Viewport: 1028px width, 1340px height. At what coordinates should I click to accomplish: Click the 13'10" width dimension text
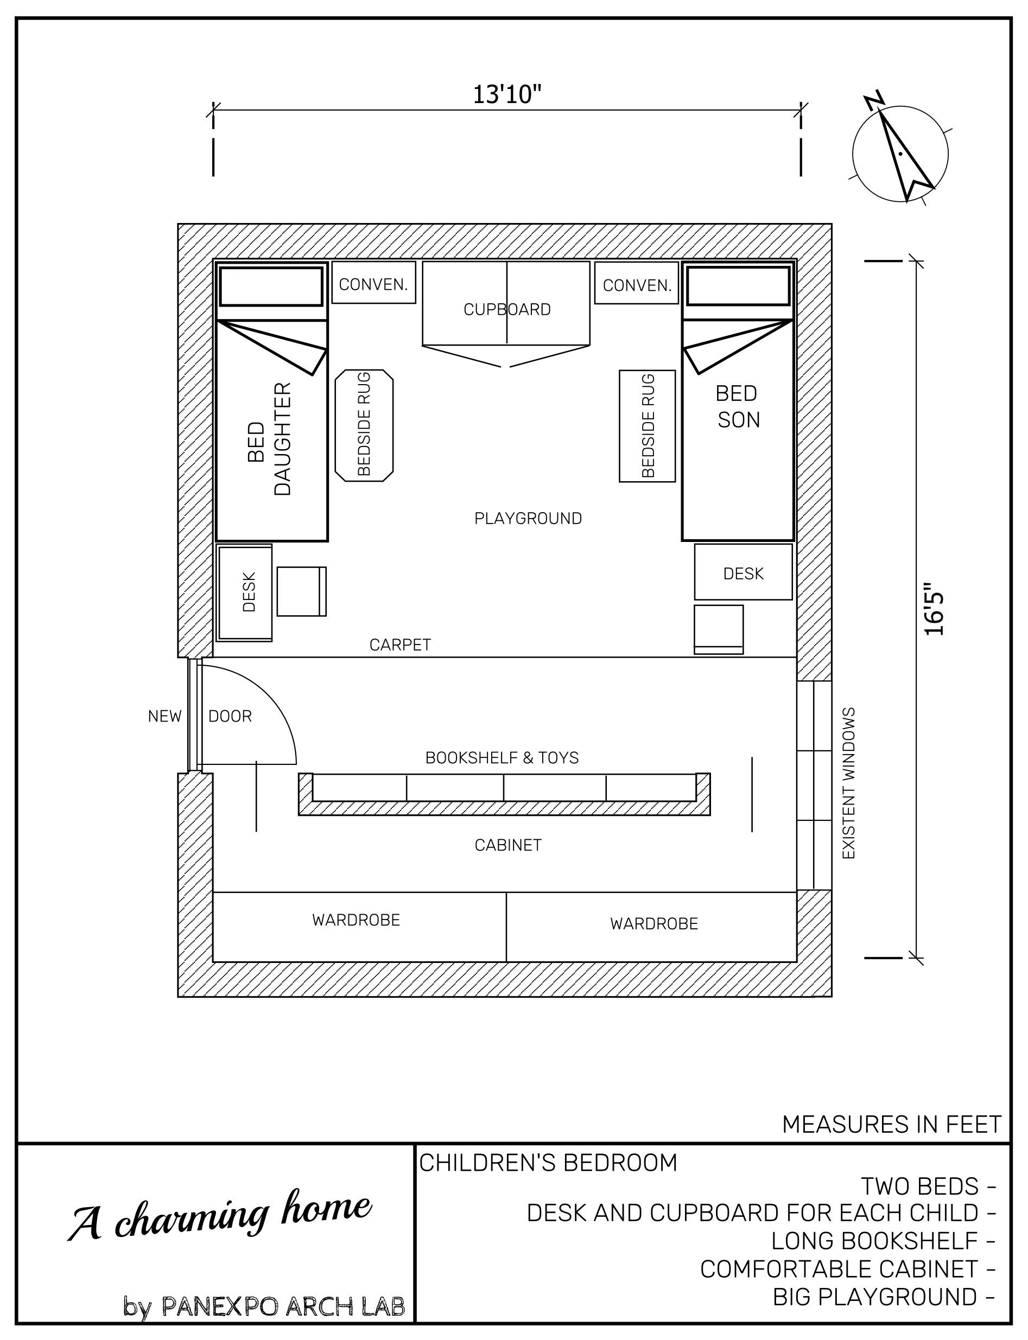(507, 95)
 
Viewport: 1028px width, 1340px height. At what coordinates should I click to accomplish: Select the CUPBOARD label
(506, 309)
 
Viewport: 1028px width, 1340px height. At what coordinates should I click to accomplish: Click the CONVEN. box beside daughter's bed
(373, 283)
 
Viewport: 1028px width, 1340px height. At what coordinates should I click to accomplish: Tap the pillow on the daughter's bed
(271, 286)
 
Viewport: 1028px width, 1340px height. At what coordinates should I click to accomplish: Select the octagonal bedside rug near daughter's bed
(364, 425)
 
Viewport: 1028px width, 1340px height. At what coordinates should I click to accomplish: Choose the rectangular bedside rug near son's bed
(647, 426)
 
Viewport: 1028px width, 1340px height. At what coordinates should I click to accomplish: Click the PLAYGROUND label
(528, 519)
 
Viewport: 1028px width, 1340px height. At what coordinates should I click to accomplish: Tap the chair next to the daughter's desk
(301, 591)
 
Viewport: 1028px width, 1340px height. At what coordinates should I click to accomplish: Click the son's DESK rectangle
(743, 572)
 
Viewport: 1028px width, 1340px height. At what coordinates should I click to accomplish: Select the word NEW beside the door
(164, 716)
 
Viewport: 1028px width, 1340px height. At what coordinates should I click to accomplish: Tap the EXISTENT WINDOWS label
(849, 783)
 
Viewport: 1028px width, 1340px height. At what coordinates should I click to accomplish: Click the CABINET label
(508, 845)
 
